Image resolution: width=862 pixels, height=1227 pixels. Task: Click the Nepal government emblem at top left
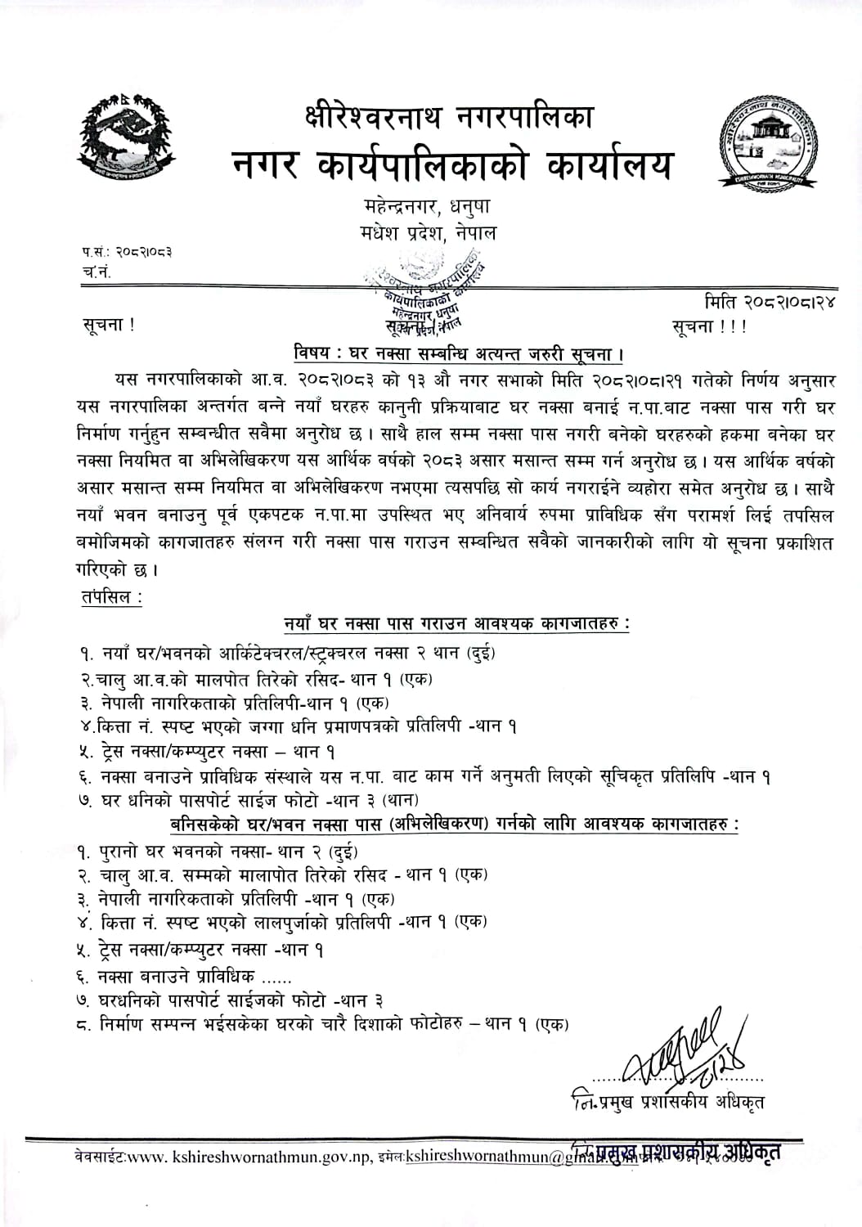point(127,137)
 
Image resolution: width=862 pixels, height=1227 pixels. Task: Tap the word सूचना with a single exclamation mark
point(108,324)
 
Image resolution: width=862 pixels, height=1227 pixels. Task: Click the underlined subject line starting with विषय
point(459,354)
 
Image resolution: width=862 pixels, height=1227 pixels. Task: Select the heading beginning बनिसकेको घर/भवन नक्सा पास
point(454,824)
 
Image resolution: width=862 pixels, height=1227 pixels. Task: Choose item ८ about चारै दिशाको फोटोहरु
point(323,1024)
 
